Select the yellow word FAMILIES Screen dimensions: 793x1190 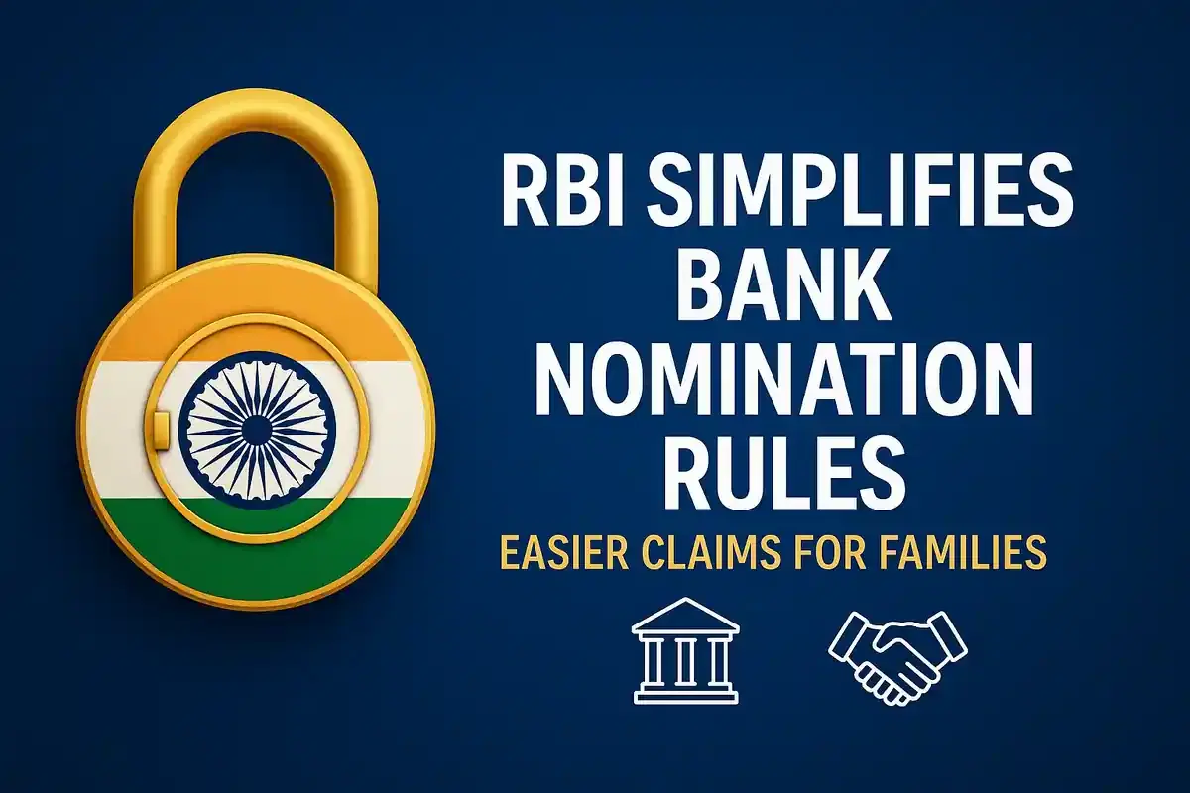[971, 553]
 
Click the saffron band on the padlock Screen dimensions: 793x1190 [149, 327]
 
